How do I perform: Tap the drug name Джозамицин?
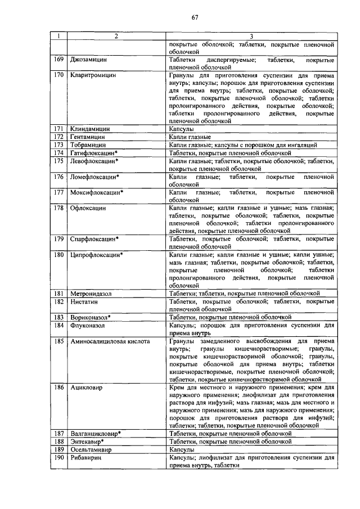89,59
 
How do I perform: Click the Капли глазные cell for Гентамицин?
190,137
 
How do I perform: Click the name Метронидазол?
91,294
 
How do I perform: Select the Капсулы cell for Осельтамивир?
182,450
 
